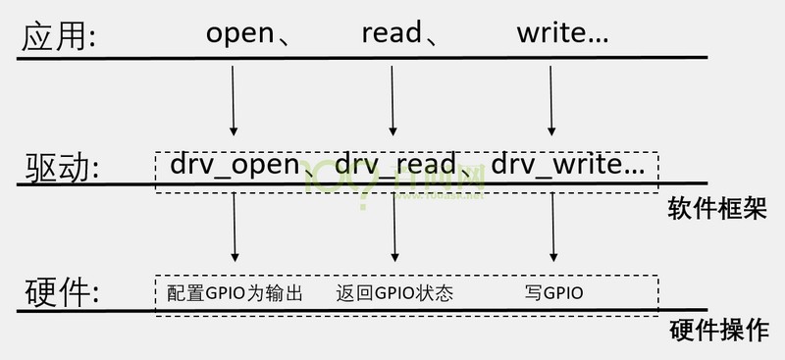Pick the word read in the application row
392,35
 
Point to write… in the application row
562,35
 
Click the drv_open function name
234,164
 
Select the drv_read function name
395,164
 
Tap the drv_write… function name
568,164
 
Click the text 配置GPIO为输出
235,293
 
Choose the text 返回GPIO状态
394,293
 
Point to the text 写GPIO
554,293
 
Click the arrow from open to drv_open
234,100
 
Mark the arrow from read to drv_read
392,100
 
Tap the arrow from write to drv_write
551,100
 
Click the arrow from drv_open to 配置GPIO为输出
235,228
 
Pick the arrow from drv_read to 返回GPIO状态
393,228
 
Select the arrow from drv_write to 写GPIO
553,228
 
